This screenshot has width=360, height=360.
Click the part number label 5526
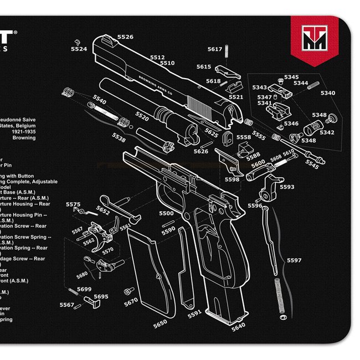click(125, 37)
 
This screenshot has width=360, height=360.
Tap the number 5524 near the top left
click(79, 49)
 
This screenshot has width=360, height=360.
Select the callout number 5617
click(215, 49)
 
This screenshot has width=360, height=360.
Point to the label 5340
click(327, 93)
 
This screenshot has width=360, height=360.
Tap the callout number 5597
click(294, 260)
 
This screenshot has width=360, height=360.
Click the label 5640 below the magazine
click(238, 327)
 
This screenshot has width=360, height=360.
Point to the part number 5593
click(287, 187)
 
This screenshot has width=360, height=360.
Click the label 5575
click(73, 205)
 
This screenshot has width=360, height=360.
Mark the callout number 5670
click(131, 302)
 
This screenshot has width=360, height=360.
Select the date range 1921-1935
click(22, 132)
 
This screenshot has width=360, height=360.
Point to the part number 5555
click(258, 135)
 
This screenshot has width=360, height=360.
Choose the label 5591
click(194, 314)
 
